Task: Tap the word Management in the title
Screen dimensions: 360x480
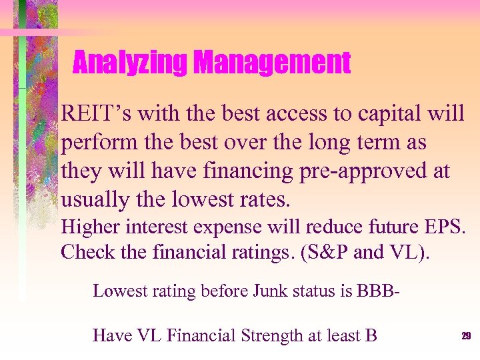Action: [271, 64]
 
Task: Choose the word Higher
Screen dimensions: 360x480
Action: [88, 227]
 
